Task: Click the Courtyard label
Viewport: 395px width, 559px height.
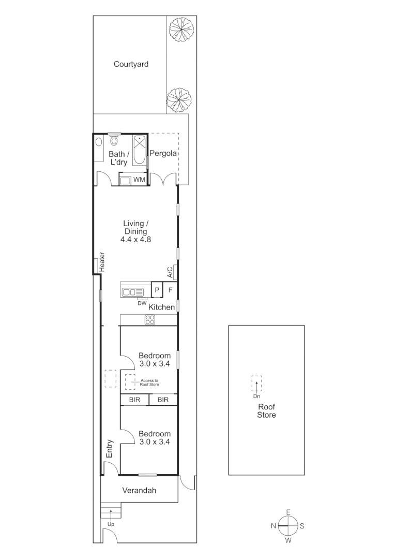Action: tap(131, 64)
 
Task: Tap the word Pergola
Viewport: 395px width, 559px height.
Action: tap(163, 153)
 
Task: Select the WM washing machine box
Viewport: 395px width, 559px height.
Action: tap(139, 180)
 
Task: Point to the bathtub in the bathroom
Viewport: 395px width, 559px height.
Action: tap(140, 150)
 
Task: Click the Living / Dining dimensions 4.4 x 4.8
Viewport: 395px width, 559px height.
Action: tap(135, 240)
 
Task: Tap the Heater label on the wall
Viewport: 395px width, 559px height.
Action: tap(102, 262)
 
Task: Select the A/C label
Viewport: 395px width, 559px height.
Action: tap(169, 272)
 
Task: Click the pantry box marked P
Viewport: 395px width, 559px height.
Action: tap(157, 290)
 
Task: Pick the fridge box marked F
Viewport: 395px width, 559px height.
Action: tap(170, 290)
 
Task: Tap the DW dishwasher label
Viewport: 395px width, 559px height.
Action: tap(142, 303)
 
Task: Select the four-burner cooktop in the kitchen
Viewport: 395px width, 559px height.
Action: tap(150, 320)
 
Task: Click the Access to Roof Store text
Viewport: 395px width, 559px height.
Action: tap(149, 383)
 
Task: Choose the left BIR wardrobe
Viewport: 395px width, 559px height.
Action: tap(134, 400)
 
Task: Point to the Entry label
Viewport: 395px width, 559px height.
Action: tap(110, 448)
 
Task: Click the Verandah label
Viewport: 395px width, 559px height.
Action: tap(139, 491)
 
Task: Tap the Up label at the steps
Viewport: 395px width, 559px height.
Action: tap(111, 524)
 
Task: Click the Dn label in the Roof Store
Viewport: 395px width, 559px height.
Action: tap(256, 396)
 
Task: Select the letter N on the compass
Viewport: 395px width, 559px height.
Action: tap(273, 526)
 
